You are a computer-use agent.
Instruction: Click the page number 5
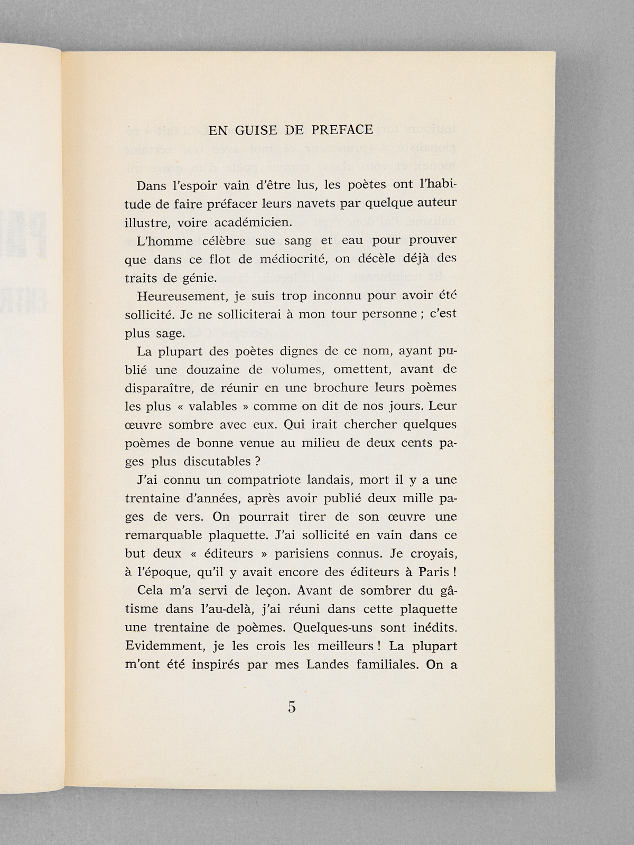[x=292, y=708]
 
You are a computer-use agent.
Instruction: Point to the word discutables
[x=217, y=462]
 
